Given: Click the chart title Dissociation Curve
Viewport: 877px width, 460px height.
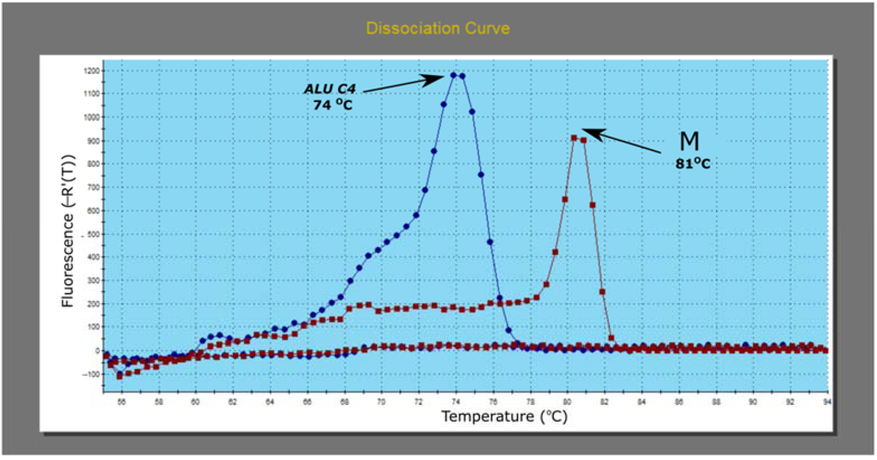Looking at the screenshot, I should tap(438, 28).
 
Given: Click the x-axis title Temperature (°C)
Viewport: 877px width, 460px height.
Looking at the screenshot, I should tap(504, 416).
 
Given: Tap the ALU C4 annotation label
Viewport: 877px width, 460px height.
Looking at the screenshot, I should tap(330, 89).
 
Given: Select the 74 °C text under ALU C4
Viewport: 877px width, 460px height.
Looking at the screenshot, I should tap(333, 104).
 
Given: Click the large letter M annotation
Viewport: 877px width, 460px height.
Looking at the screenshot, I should tap(689, 141).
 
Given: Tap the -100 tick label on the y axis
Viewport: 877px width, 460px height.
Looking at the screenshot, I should tap(91, 374).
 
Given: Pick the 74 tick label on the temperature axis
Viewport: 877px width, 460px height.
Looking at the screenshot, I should tap(456, 402).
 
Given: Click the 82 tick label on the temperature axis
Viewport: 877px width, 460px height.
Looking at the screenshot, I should tap(604, 402).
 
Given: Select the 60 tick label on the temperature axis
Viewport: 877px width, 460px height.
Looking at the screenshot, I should tap(195, 402).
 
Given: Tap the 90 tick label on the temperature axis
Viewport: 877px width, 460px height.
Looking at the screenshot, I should tap(753, 402).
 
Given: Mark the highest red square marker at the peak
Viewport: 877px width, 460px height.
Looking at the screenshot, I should tap(574, 138).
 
